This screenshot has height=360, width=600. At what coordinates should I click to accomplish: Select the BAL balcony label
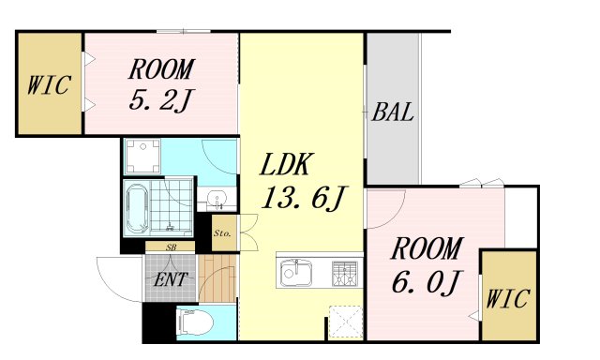pyautogui.click(x=393, y=114)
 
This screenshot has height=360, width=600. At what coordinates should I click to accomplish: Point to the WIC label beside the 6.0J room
pyautogui.click(x=508, y=300)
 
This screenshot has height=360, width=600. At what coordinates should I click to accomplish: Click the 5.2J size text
pyautogui.click(x=161, y=97)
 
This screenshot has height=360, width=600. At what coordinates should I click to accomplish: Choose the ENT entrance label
pyautogui.click(x=170, y=279)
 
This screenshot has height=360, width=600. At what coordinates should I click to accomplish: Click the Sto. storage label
pyautogui.click(x=223, y=231)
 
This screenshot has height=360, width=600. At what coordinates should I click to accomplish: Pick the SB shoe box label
pyautogui.click(x=171, y=247)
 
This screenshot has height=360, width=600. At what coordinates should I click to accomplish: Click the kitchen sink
pyautogui.click(x=298, y=274)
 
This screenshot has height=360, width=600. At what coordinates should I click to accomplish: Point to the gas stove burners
pyautogui.click(x=344, y=274)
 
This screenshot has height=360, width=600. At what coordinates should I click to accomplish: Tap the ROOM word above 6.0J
pyautogui.click(x=427, y=249)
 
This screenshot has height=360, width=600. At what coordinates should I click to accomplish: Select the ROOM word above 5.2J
pyautogui.click(x=161, y=68)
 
